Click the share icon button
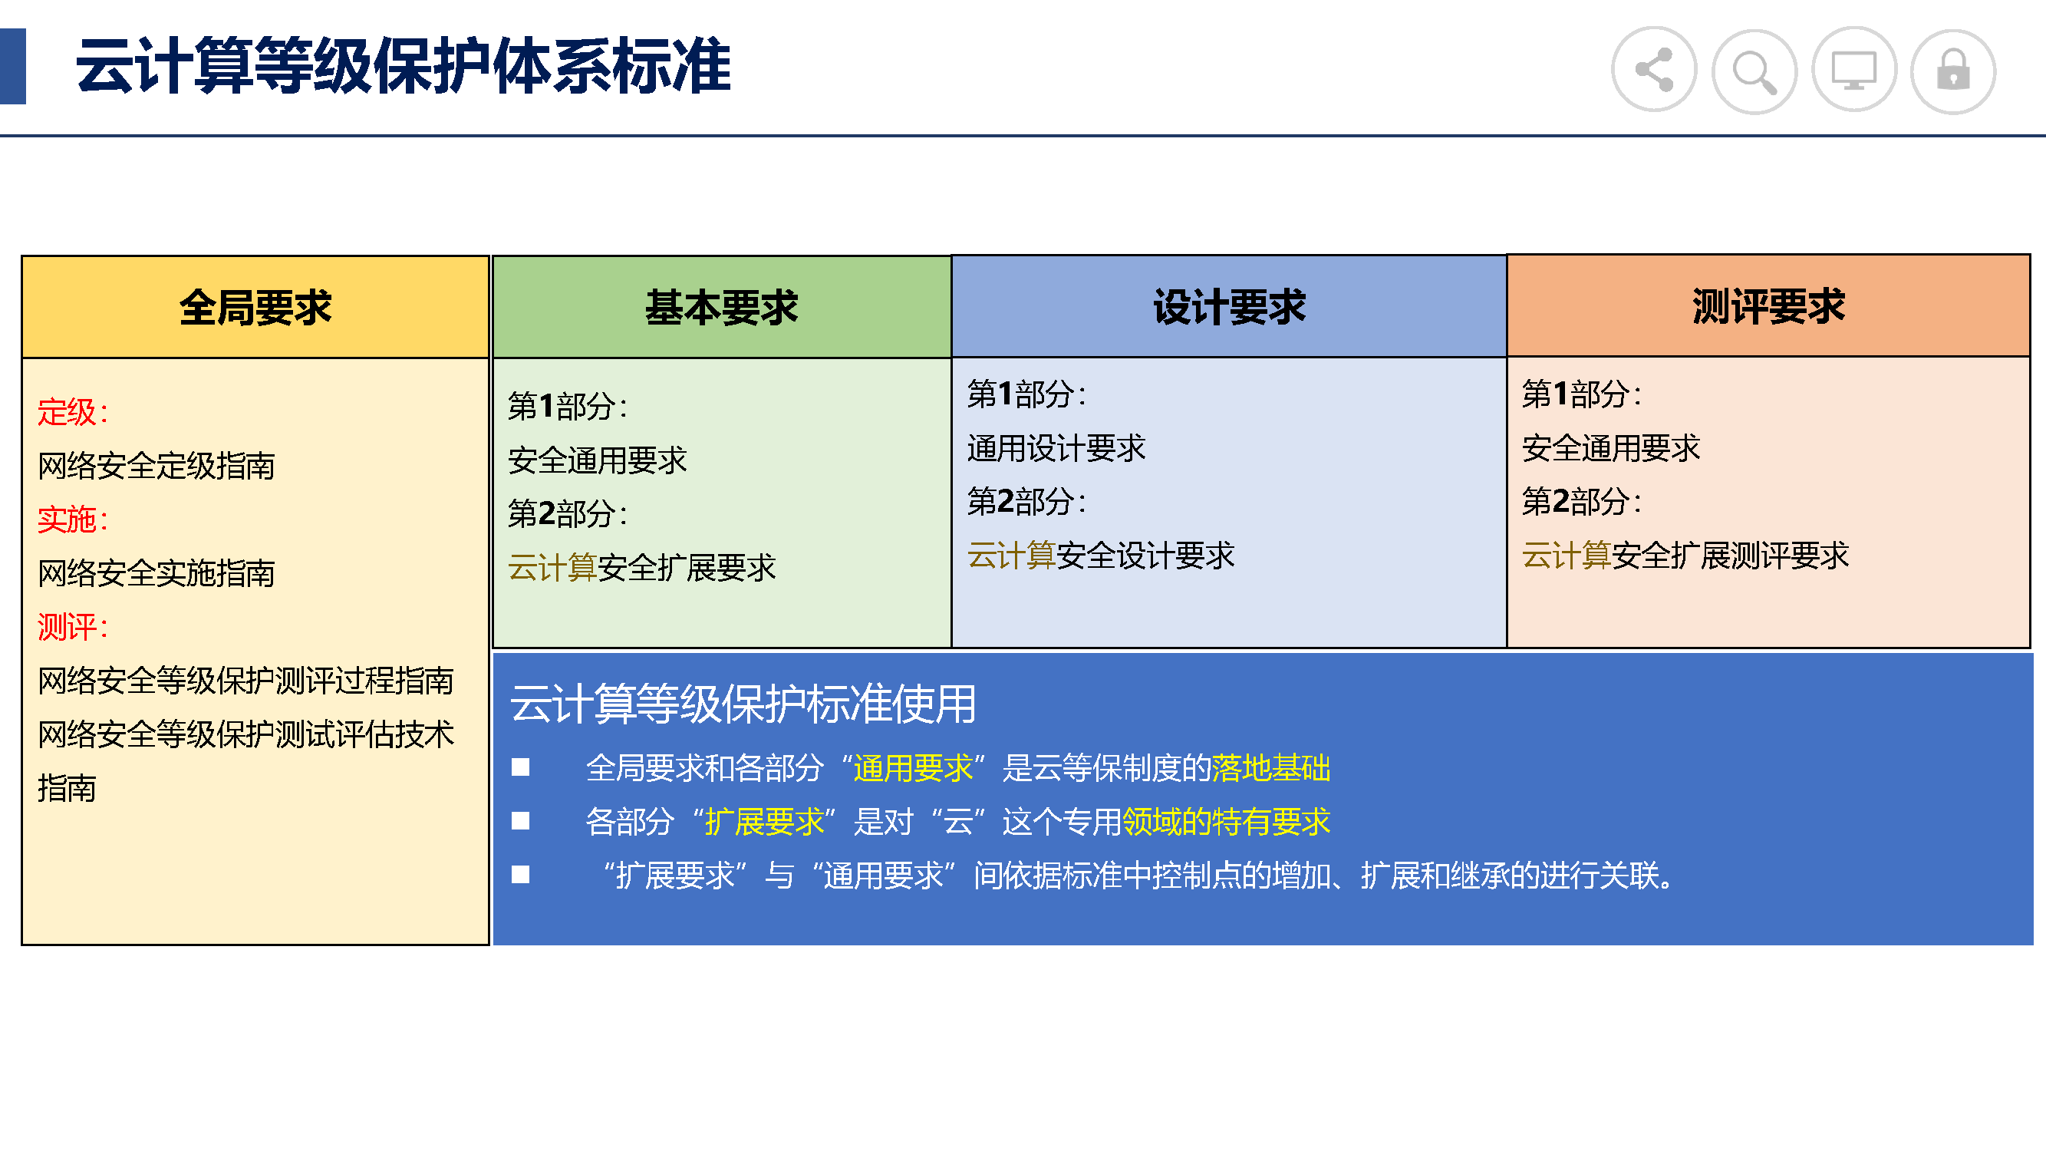click(1654, 70)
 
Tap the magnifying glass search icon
click(1754, 71)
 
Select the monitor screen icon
click(1853, 70)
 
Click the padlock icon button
click(1953, 71)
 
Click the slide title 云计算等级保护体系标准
click(403, 66)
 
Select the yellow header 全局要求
click(255, 308)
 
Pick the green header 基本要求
click(721, 308)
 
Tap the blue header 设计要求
click(1229, 308)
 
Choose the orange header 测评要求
click(1768, 307)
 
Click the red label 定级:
click(72, 412)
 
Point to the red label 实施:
click(72, 519)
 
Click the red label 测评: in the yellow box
click(72, 628)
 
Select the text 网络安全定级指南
click(156, 467)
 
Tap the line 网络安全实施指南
click(156, 573)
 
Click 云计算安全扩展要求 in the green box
click(642, 568)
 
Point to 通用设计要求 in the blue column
click(1056, 448)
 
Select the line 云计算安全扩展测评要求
click(1685, 556)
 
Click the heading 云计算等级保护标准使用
click(743, 704)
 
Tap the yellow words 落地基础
click(1271, 768)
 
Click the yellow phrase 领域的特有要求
click(1226, 821)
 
